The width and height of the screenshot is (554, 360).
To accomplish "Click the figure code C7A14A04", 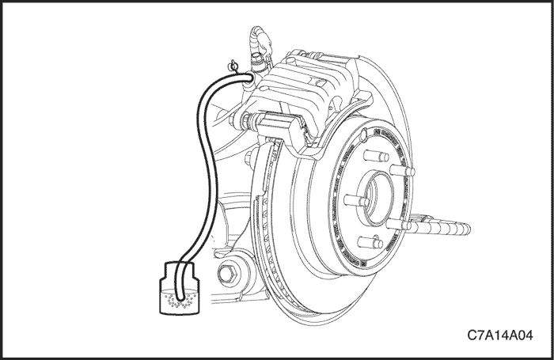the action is click(x=499, y=335).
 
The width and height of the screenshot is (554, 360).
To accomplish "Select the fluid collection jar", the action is click(x=180, y=288).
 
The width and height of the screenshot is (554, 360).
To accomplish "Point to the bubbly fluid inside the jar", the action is click(x=180, y=301).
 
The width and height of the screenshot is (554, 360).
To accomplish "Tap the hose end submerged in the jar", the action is click(x=180, y=298).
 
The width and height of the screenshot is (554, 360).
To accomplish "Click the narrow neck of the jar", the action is click(x=180, y=271).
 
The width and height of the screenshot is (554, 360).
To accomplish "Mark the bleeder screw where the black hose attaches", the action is click(x=252, y=78).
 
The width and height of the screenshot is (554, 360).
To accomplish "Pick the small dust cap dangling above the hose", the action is click(x=233, y=66).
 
